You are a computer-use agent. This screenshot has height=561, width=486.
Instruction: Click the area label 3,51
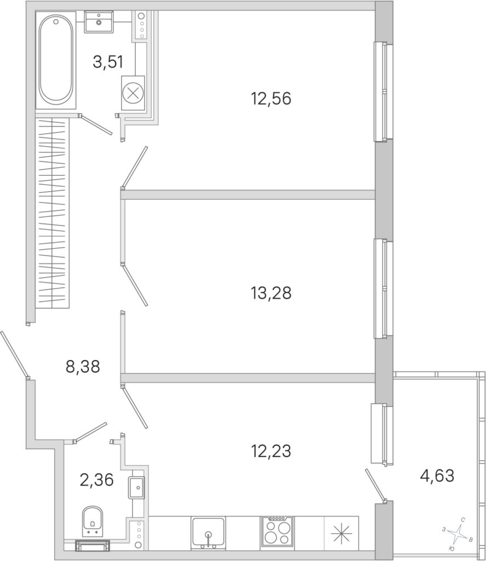tap(108, 62)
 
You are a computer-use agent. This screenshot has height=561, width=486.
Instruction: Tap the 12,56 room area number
tap(271, 99)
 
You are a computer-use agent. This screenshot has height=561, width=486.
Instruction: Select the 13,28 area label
tap(271, 293)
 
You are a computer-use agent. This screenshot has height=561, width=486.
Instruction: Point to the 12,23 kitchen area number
tap(271, 451)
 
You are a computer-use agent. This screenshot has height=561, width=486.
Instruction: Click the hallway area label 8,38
tap(83, 367)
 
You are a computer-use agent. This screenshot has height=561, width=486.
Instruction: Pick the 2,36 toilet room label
tap(96, 480)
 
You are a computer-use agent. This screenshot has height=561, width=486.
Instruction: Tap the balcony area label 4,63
tap(437, 476)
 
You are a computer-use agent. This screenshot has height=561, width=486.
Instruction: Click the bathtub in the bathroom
tap(56, 60)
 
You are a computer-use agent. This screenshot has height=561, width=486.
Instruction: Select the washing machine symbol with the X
tap(133, 93)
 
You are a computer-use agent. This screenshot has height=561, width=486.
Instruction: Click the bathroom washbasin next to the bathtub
tap(99, 21)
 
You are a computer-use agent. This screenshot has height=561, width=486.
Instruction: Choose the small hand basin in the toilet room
tap(136, 487)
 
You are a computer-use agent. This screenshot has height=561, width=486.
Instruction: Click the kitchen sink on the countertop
tap(208, 533)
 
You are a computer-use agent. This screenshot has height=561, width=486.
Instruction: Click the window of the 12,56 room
tap(384, 92)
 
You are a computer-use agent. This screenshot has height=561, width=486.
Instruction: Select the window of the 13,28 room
tap(384, 288)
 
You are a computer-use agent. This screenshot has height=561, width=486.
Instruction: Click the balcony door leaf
tap(376, 485)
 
